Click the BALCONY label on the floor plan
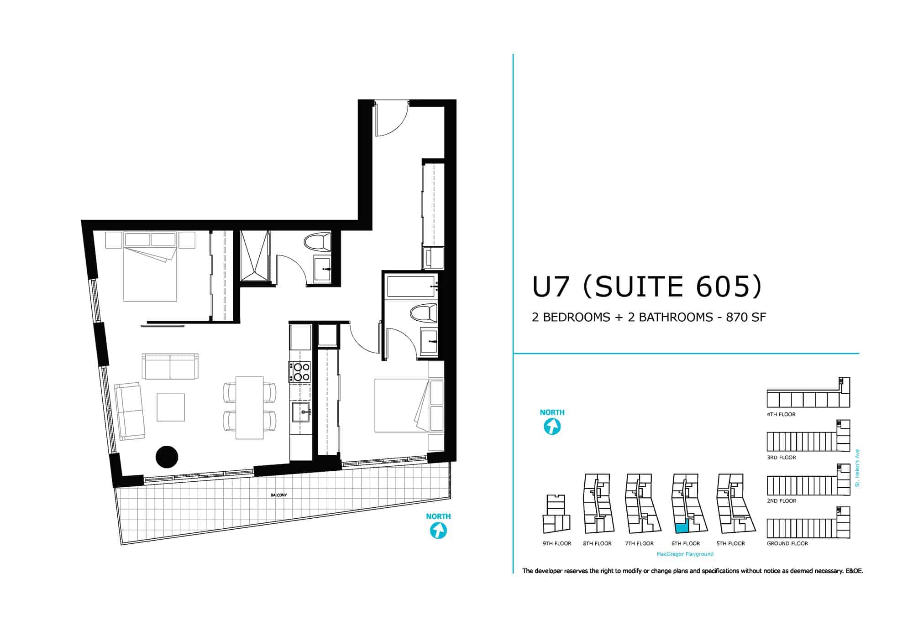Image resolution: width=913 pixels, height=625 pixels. [x=278, y=495]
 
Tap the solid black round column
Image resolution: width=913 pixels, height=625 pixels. [x=167, y=457]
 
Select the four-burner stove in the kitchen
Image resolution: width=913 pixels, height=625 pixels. [x=299, y=371]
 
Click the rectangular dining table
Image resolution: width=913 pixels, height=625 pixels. [x=249, y=407]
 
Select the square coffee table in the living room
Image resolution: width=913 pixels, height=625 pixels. [x=171, y=407]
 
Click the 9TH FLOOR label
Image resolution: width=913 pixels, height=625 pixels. [x=557, y=543]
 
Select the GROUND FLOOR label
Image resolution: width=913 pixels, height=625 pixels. [x=787, y=543]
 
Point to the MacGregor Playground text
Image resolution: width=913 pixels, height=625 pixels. [x=685, y=554]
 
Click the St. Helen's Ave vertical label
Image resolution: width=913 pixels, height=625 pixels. [x=857, y=469]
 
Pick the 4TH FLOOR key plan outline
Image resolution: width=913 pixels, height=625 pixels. [x=808, y=392]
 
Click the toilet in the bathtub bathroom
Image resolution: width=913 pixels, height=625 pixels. [x=423, y=313]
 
